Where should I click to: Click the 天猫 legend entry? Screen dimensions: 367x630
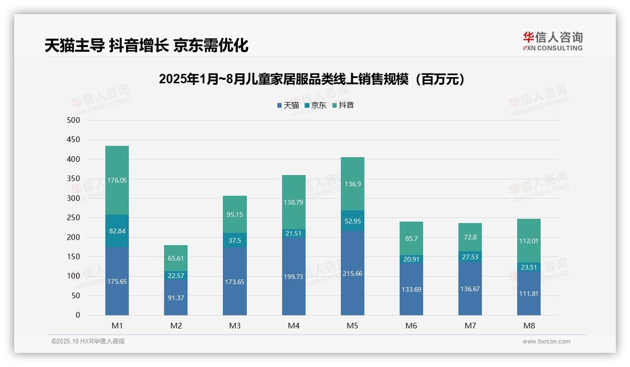pos(288,105)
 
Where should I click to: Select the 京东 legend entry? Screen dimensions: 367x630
pos(315,105)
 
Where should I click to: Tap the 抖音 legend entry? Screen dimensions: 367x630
pos(343,105)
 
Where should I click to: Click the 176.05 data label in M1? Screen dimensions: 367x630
pos(117,180)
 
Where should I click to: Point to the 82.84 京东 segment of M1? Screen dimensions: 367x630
pos(117,231)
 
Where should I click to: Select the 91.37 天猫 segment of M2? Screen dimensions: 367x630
pos(176,298)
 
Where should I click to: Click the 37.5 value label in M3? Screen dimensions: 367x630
pos(235,240)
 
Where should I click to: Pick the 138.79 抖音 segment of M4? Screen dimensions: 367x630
pos(293,202)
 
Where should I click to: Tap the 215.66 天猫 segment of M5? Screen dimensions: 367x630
pos(353,273)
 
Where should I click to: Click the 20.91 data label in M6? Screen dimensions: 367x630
pos(411,259)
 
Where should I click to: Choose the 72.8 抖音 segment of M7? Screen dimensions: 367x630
pos(470,237)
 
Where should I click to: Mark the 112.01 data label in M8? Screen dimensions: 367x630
pos(529,241)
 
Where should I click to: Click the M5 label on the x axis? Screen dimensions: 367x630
pos(353,326)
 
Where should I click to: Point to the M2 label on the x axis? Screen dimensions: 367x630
pos(176,326)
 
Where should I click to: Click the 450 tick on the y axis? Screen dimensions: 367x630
pos(74,140)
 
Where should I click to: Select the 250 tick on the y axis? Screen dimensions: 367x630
pos(74,218)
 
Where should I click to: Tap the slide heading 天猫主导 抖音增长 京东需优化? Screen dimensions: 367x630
pos(146,46)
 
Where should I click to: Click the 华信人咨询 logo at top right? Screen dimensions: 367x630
pos(552,41)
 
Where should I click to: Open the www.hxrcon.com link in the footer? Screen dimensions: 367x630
pos(546,342)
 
